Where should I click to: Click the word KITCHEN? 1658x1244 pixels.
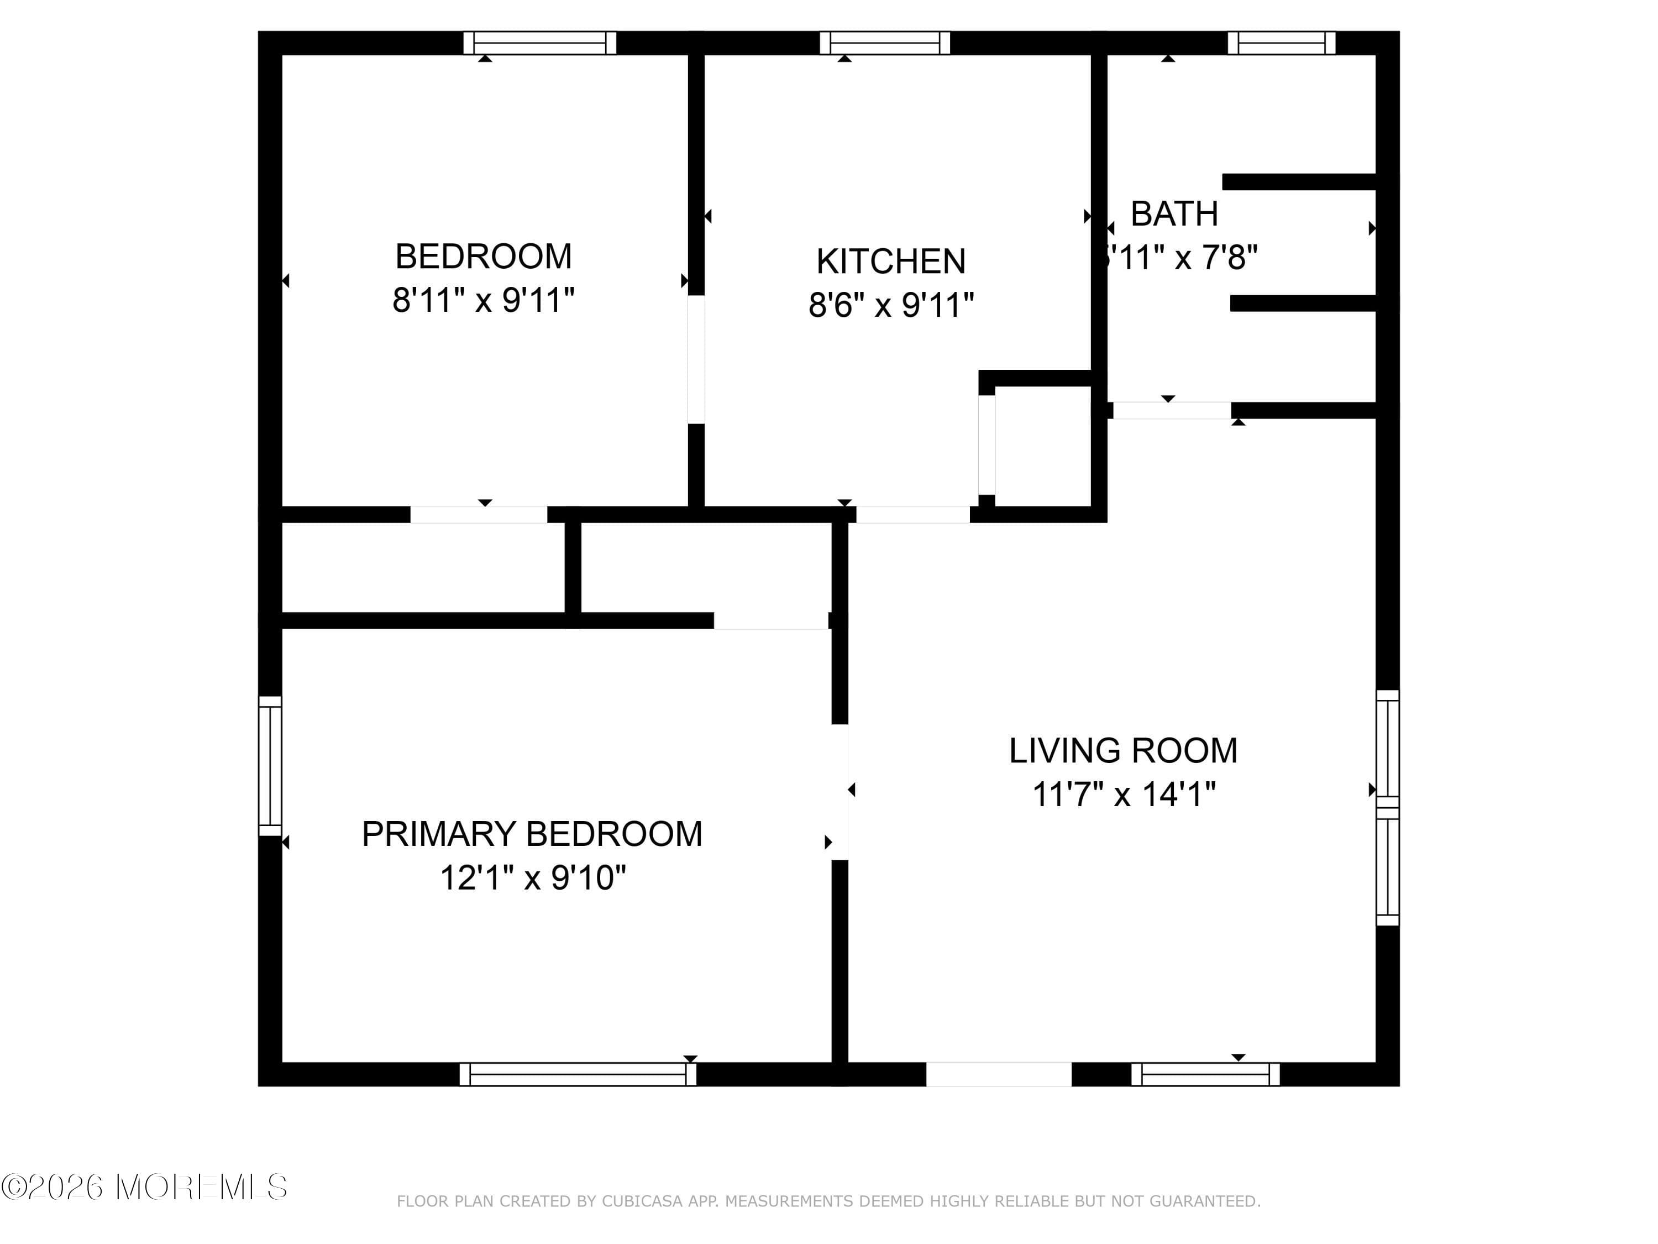coord(890,262)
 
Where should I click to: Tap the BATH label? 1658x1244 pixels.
coord(1174,215)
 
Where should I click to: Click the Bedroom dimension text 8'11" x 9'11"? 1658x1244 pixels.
coord(484,301)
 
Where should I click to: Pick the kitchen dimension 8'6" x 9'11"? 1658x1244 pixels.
coord(890,305)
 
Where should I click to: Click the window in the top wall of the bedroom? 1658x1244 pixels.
coord(539,43)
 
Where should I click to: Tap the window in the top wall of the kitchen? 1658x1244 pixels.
coord(884,43)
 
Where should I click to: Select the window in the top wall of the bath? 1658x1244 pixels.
coord(1281,43)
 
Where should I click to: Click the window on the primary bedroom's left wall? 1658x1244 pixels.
coord(270,766)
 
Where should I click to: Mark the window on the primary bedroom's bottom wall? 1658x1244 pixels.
coord(577,1074)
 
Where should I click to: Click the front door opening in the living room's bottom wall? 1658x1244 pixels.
coord(999,1074)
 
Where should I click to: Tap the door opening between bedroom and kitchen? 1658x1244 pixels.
coord(696,359)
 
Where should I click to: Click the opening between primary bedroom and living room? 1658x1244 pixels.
coord(840,791)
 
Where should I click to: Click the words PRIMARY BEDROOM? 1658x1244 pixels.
coord(532,834)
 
